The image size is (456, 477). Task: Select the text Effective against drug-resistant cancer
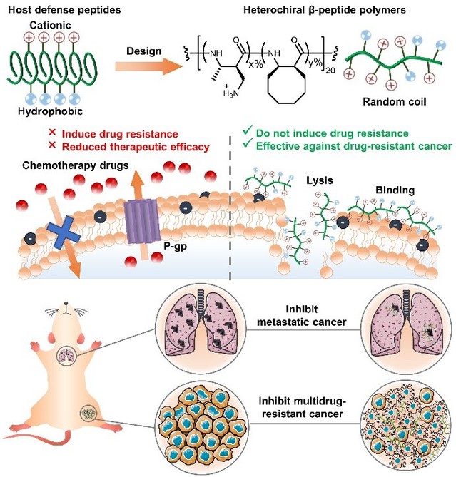point(350,147)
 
